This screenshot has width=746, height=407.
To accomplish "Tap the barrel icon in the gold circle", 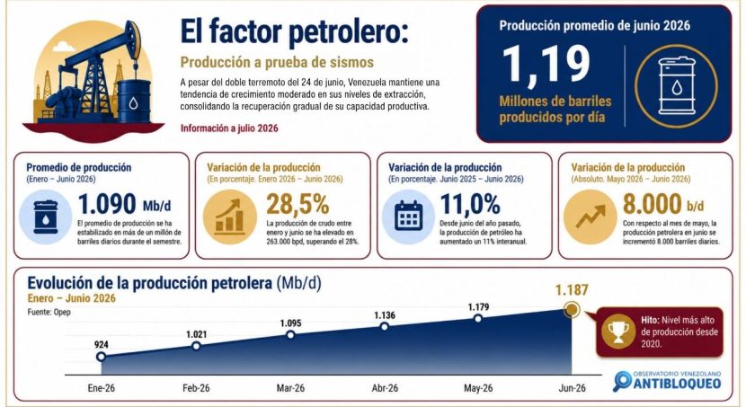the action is pos(676,86).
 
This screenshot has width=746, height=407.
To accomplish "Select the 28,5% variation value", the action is pos(298,204).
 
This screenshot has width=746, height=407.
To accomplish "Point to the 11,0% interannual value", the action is pos(470,204).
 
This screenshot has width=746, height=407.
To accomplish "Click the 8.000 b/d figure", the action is pos(663,204).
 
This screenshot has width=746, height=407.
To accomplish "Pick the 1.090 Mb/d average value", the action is pos(125,204).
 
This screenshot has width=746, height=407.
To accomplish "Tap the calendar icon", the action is pos(409,217).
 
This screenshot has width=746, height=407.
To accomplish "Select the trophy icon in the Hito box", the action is pos(618,332).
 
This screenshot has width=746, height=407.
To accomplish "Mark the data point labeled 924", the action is pos(101,357).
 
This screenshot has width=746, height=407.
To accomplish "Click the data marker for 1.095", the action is pos(290,335).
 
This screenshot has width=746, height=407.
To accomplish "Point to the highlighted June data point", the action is pos(572,310).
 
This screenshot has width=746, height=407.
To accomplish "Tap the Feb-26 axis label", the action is pos(196,388).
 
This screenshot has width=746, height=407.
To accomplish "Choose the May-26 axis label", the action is pos(478,388).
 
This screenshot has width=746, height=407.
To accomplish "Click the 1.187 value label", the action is pos(572,289).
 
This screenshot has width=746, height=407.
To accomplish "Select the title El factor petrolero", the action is pos(294,31).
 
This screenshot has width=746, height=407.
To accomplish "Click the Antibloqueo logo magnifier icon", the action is pos(623,381).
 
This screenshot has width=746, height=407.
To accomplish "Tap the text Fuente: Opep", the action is pos(49,313).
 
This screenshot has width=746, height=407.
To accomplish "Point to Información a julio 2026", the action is pos(229,128).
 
